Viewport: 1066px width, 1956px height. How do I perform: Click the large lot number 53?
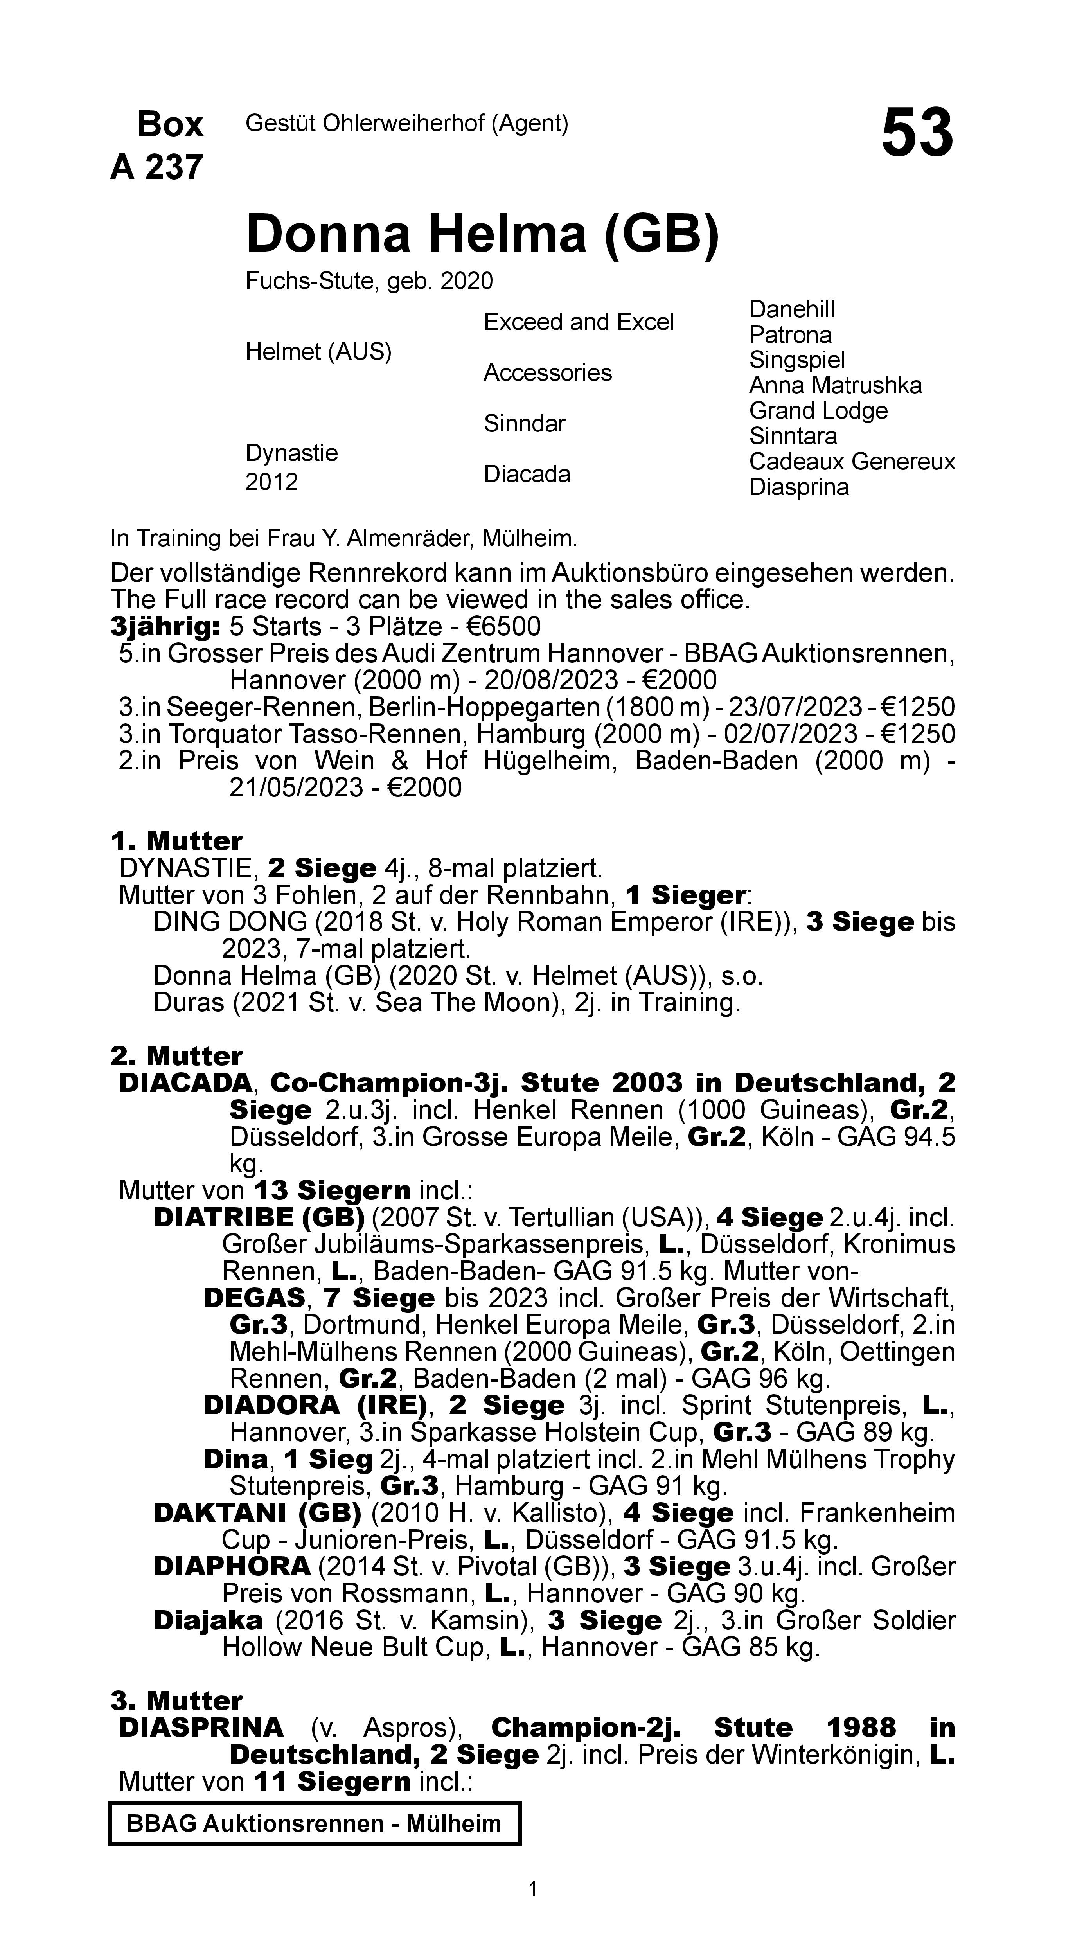(917, 134)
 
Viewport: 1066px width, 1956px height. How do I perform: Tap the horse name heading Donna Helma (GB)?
(482, 234)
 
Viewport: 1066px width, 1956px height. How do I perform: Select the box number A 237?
(157, 167)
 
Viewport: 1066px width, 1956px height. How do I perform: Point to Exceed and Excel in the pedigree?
(579, 322)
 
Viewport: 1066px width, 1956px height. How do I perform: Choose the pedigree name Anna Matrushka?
(835, 385)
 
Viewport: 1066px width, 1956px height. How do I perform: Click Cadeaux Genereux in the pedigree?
(852, 461)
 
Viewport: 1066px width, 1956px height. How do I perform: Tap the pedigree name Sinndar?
(525, 423)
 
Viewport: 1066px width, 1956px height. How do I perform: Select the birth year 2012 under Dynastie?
(272, 482)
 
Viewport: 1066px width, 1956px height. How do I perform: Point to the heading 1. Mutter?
(176, 841)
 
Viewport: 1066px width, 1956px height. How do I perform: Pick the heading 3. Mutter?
(176, 1700)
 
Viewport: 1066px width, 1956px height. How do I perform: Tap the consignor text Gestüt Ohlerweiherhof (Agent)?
(407, 123)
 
